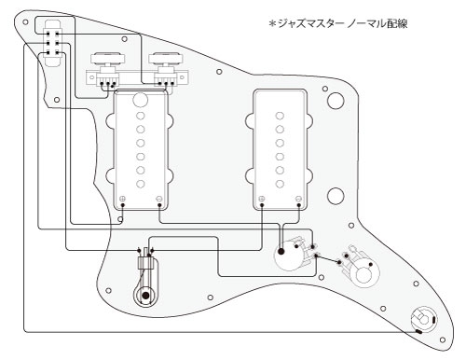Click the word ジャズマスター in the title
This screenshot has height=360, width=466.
[x=309, y=23]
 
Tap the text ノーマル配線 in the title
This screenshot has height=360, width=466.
[x=377, y=23]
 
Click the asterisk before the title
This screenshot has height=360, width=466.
[x=272, y=23]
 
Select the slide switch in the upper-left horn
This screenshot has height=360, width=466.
[x=52, y=43]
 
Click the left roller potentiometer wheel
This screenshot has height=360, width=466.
[x=107, y=59]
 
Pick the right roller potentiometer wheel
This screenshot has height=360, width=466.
[x=166, y=59]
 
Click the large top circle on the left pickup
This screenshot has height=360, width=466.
[x=140, y=100]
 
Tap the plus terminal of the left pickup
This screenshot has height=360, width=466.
[x=123, y=199]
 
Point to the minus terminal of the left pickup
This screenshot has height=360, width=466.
[x=159, y=199]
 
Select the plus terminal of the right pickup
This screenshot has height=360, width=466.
[x=262, y=199]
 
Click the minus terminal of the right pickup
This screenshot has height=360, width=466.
[x=298, y=199]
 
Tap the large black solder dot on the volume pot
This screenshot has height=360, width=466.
[x=281, y=251]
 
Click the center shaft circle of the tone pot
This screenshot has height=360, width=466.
[x=364, y=275]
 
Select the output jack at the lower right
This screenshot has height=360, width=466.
[x=423, y=321]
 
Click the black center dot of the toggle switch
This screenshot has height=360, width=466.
[x=145, y=296]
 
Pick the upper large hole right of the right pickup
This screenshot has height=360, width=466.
[x=336, y=101]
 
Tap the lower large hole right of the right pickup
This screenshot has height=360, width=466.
[x=336, y=196]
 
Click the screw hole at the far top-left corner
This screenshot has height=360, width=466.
[x=25, y=22]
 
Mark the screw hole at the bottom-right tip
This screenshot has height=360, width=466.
[x=443, y=339]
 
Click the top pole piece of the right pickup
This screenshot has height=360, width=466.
[x=280, y=116]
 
